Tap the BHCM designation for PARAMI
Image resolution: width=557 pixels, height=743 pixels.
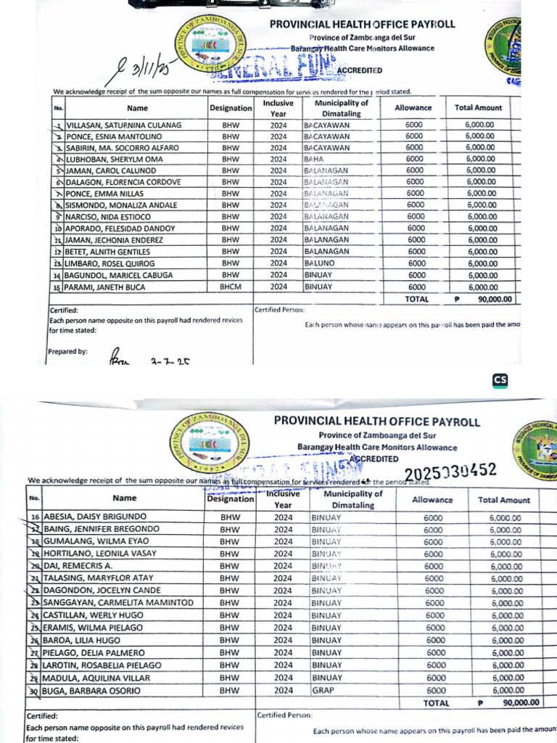pos(231,287)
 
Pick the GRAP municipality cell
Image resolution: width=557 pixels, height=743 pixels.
pos(323,691)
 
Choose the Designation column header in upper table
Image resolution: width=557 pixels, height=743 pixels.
pos(231,108)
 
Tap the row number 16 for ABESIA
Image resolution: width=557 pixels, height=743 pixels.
pos(34,517)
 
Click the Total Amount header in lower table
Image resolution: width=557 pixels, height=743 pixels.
pos(504,500)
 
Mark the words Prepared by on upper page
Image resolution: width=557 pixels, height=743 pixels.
pos(67,351)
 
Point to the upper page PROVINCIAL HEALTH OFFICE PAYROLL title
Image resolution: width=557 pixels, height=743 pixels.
pos(362,24)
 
